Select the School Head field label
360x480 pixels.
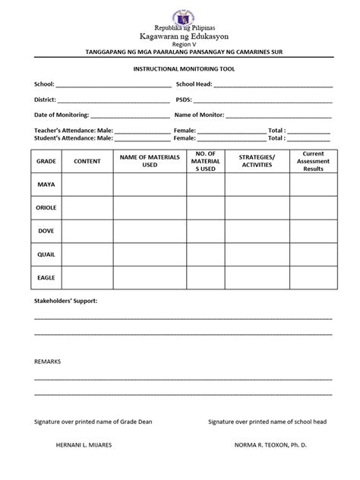(x=194, y=84)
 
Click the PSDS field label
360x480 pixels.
(x=185, y=99)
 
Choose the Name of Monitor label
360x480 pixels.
(x=199, y=115)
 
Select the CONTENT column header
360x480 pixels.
(x=87, y=162)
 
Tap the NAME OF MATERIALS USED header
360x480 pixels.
(x=150, y=161)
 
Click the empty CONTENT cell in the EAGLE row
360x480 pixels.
(x=87, y=277)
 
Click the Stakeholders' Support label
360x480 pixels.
(x=66, y=301)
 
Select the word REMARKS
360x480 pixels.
(x=47, y=362)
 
